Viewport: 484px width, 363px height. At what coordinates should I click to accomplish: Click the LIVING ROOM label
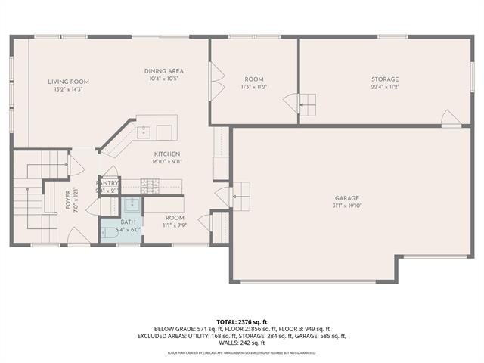pos(69,82)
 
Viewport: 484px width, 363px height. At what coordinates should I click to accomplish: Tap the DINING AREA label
pos(164,71)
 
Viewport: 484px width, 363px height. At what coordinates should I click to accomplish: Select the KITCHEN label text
pos(166,154)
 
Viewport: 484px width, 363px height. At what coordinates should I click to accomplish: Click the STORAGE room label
pos(385,79)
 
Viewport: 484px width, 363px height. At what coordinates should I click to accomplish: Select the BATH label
pos(128,222)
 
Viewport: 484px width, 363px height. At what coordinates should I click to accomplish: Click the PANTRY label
pos(107,183)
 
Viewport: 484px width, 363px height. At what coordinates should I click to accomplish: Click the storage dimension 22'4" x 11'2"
pos(385,87)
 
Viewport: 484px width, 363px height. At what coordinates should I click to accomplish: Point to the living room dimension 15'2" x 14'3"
pos(69,89)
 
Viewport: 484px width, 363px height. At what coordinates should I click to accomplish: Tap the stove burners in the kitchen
pos(149,183)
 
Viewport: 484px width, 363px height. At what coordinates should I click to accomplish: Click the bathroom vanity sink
pos(130,203)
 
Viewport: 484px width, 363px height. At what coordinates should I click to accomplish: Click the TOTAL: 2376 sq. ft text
pos(242,321)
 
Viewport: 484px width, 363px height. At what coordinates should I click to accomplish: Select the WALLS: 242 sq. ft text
pos(242,343)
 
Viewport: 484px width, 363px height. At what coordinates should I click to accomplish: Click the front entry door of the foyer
pos(79,235)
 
